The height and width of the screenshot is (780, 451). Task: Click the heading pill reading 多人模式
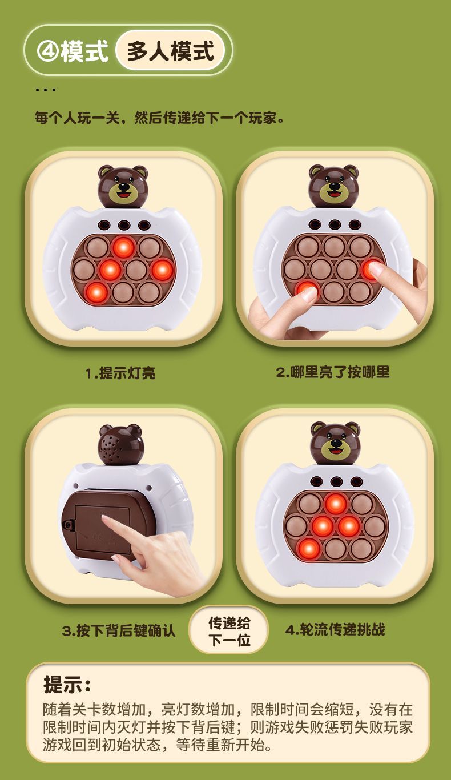click(170, 50)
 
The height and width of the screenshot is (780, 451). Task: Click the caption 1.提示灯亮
click(120, 373)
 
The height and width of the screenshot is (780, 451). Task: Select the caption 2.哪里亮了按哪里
click(333, 372)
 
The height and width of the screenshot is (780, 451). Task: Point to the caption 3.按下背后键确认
click(119, 630)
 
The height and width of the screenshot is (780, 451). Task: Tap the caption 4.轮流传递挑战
click(335, 629)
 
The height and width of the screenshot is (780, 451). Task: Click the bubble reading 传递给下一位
click(229, 632)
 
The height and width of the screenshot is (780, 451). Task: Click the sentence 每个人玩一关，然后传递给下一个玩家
click(159, 118)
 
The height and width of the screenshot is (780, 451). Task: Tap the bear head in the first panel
click(123, 187)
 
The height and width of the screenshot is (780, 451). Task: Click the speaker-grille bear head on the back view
click(120, 445)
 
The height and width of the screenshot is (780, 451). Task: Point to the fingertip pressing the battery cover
click(105, 518)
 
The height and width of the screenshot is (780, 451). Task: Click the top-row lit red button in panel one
click(123, 248)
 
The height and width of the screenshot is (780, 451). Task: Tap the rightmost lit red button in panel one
click(162, 270)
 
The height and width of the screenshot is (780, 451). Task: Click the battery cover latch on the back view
click(67, 524)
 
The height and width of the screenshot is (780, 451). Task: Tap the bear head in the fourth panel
click(335, 443)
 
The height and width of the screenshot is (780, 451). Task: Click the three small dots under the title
click(45, 90)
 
